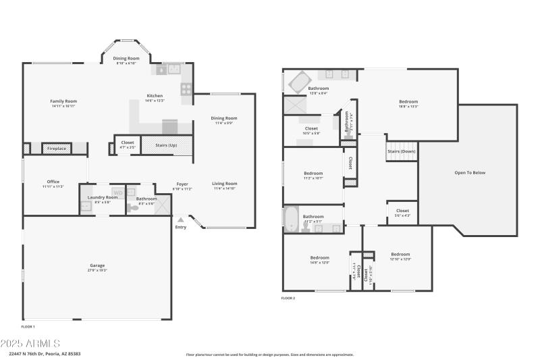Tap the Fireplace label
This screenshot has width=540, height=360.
tap(56, 148)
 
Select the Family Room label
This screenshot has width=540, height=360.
tap(63, 101)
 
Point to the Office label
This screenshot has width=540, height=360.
tap(53, 182)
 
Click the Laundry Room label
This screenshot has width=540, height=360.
tap(102, 197)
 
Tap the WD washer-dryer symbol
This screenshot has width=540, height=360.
tap(117, 193)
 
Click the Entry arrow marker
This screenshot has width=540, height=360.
tap(180, 220)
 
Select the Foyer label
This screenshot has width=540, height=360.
tap(182, 184)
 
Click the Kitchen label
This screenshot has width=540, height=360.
tap(155, 96)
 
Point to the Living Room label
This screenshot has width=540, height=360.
tap(225, 184)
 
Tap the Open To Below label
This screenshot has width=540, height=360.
tap(470, 173)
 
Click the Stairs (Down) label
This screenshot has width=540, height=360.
tap(402, 151)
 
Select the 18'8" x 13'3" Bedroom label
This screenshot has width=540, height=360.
tap(409, 101)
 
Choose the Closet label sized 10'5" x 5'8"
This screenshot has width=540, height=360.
tap(311, 128)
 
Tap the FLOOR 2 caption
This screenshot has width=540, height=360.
tap(288, 298)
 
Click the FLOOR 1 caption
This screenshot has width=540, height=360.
tap(28, 326)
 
